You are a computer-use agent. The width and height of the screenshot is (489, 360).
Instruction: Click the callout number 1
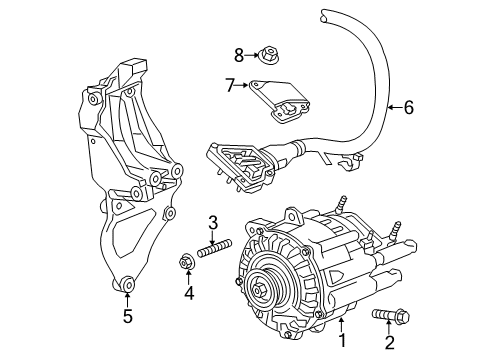[342, 340]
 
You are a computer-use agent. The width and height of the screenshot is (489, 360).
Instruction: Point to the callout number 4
[189, 293]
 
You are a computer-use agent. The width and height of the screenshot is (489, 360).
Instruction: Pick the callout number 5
[128, 316]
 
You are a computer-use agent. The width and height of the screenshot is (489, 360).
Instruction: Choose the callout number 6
[409, 107]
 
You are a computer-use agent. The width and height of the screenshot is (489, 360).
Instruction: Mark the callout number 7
[230, 85]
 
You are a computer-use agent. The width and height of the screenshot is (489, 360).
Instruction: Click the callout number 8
[239, 55]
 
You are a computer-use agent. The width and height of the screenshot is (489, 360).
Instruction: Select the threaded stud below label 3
[214, 249]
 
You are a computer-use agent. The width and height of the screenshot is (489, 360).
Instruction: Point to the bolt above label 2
[390, 314]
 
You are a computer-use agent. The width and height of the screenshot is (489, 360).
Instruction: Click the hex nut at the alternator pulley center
[259, 290]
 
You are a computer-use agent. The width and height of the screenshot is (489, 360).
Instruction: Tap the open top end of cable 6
[324, 17]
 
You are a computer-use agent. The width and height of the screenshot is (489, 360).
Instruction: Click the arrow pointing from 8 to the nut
[252, 55]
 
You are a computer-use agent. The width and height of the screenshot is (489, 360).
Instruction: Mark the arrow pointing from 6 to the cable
[395, 107]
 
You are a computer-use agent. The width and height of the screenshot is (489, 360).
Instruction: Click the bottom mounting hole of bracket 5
[127, 284]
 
